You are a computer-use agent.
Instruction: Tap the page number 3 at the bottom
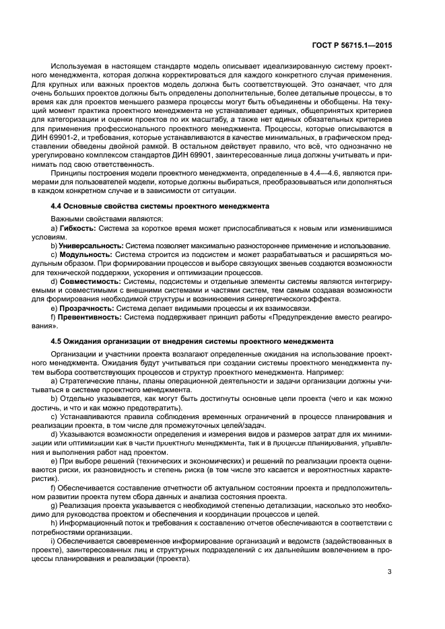390,572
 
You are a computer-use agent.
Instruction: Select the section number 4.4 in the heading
59,205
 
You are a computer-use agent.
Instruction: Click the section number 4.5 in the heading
59,341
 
